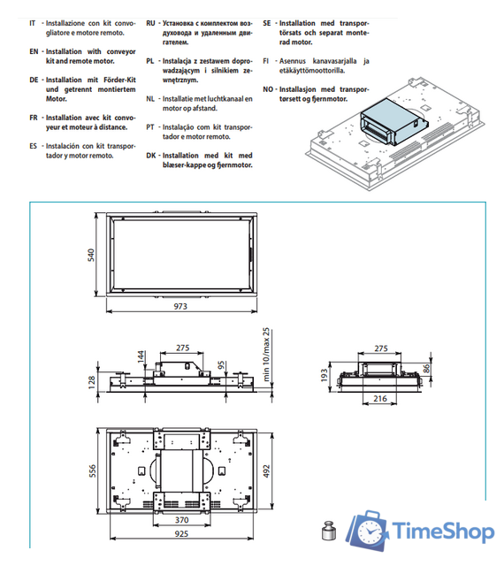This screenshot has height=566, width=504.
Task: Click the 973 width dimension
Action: pos(180,306)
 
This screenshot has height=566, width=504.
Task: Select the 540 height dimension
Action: pos(91,255)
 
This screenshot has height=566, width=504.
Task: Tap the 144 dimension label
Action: pos(141,356)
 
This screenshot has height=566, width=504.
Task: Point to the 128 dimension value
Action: pos(92,382)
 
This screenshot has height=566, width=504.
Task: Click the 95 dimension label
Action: pos(221,365)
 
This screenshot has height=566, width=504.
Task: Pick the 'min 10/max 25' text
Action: pos(266,355)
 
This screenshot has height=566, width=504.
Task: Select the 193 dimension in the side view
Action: pos(324,375)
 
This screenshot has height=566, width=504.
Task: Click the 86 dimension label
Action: pos(426,369)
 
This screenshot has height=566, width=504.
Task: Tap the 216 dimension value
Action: pos(380,399)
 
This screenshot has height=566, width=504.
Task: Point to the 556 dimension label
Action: pos(93,470)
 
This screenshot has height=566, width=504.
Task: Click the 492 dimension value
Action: pos(266,471)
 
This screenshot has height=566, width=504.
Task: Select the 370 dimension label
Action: pos(181,520)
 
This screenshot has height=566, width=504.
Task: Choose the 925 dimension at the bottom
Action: pos(181,533)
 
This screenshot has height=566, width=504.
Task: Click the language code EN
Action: pos(34,51)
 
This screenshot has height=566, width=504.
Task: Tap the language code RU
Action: pos(150,24)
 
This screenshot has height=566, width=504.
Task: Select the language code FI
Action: pos(266,61)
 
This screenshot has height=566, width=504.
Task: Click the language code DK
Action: pos(151,156)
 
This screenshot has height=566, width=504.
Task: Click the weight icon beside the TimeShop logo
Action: pos(329,531)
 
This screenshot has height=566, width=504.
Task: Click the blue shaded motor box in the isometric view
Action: pos(393,122)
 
